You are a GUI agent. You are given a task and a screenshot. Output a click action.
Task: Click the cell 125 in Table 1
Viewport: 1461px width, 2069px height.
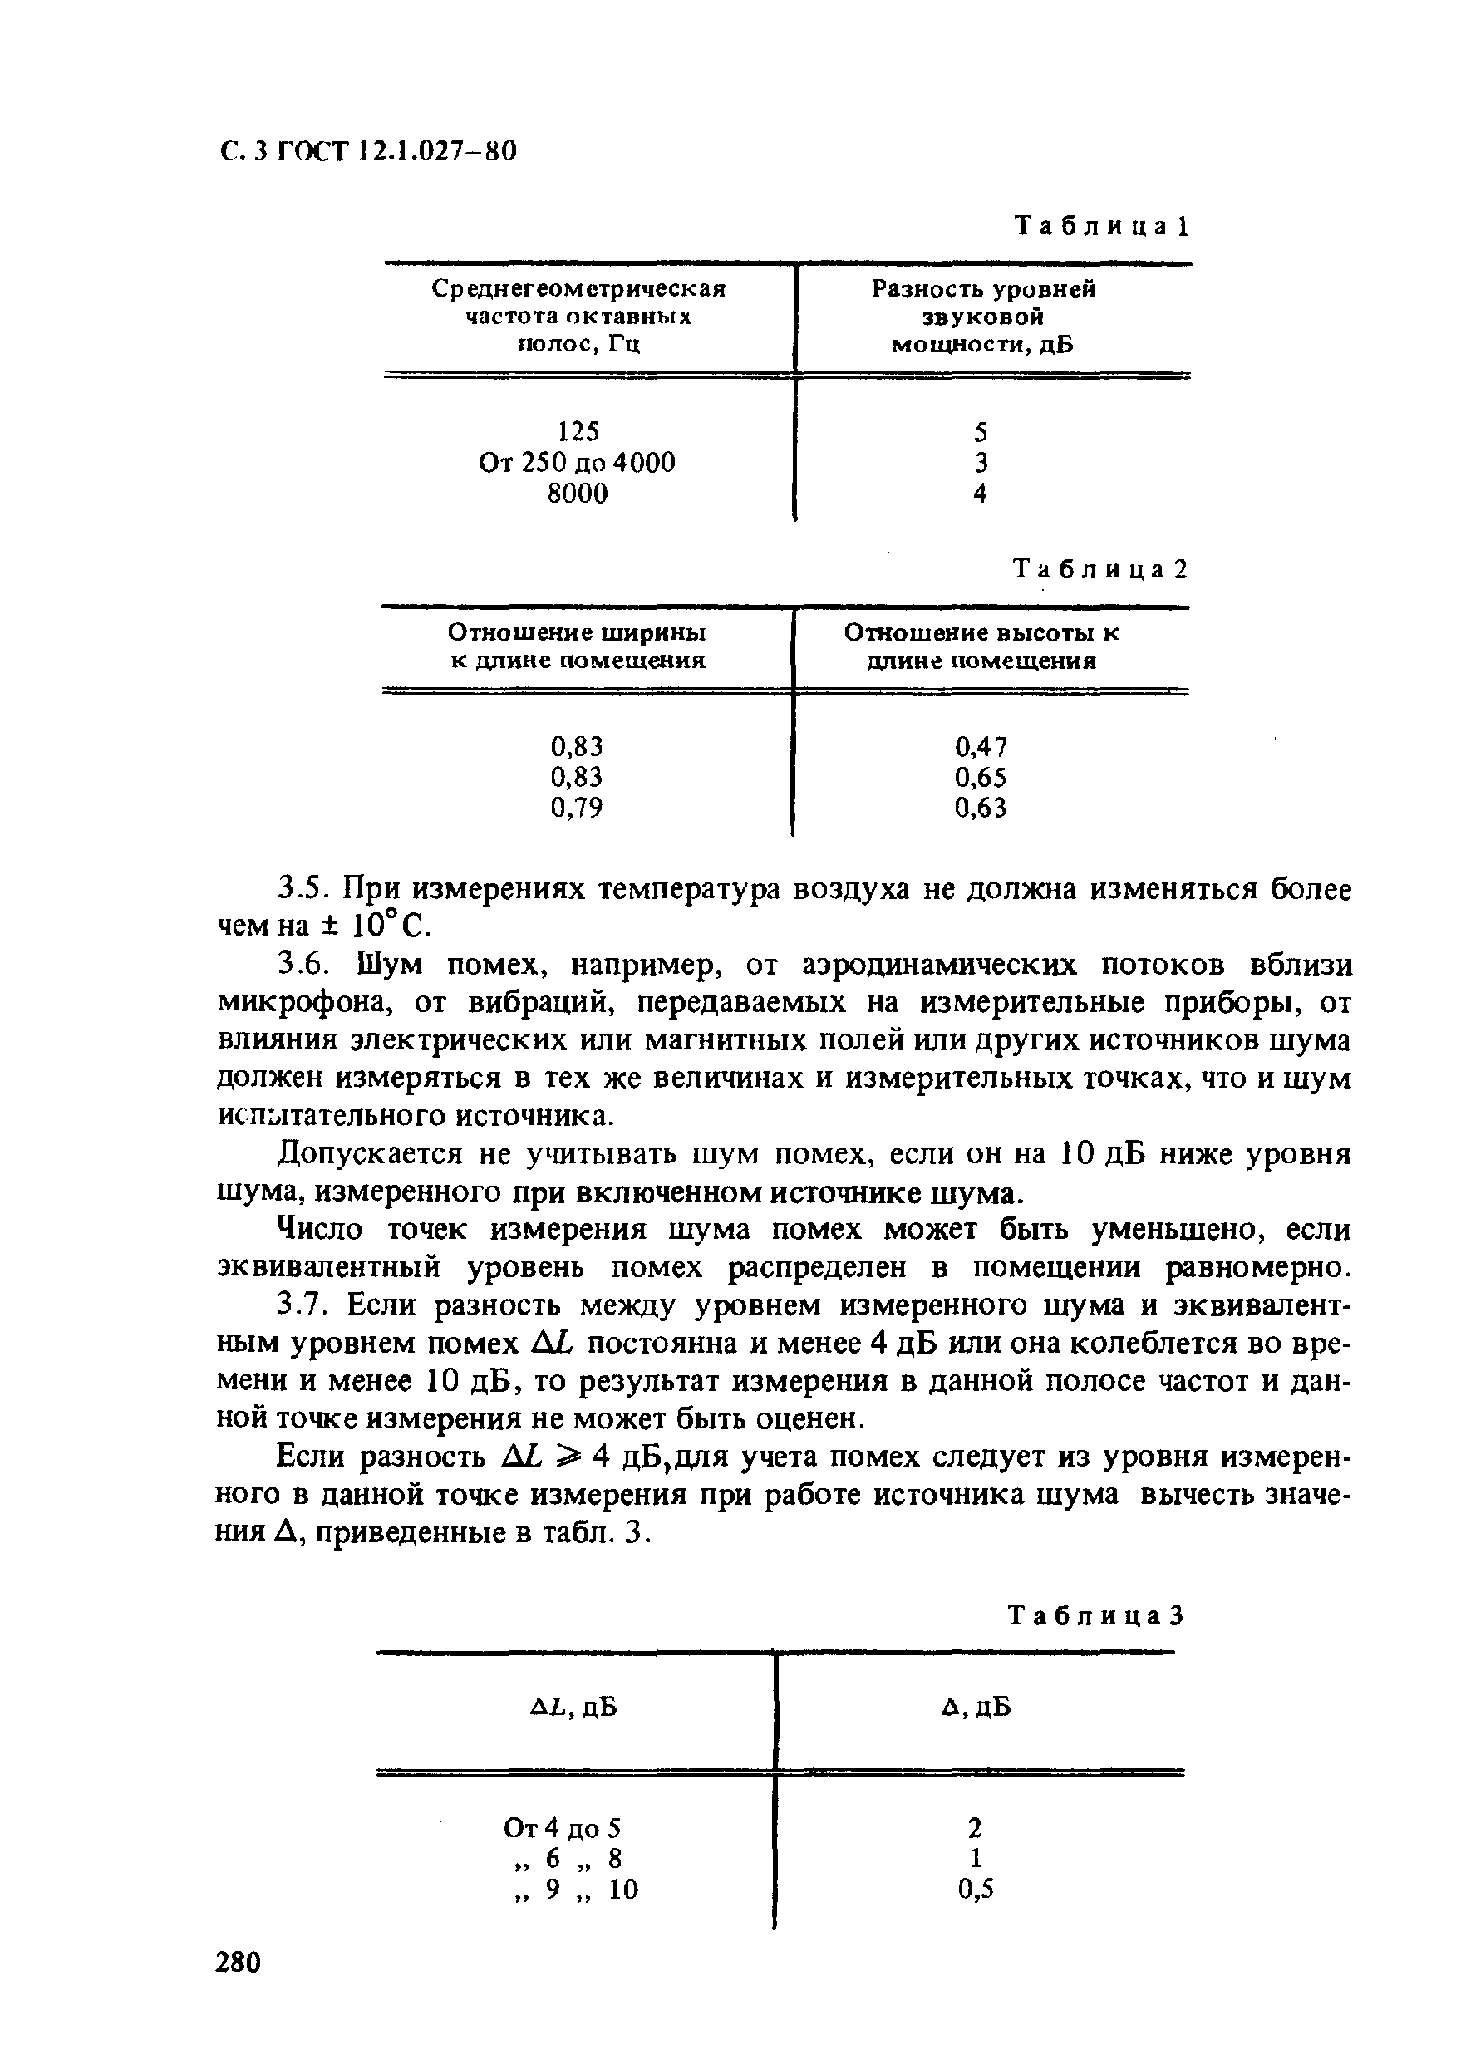578,431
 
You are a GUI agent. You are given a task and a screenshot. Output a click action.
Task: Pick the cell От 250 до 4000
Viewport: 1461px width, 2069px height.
577,463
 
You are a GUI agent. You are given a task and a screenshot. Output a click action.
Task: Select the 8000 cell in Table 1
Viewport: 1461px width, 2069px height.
578,494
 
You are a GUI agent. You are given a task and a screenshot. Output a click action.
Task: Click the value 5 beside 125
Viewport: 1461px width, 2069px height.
981,431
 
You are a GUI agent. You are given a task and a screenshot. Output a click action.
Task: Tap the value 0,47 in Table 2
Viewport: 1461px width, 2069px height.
981,746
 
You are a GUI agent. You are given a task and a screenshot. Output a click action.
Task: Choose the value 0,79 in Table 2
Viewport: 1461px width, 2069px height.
576,808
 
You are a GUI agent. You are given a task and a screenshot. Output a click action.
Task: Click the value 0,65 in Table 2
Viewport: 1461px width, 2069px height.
981,777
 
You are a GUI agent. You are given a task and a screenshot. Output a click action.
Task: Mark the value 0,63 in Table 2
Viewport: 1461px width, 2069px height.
981,808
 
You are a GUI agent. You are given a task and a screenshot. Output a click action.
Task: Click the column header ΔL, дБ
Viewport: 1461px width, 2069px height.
573,1708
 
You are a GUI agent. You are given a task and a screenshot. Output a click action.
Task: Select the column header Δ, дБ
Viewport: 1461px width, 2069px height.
975,1708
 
